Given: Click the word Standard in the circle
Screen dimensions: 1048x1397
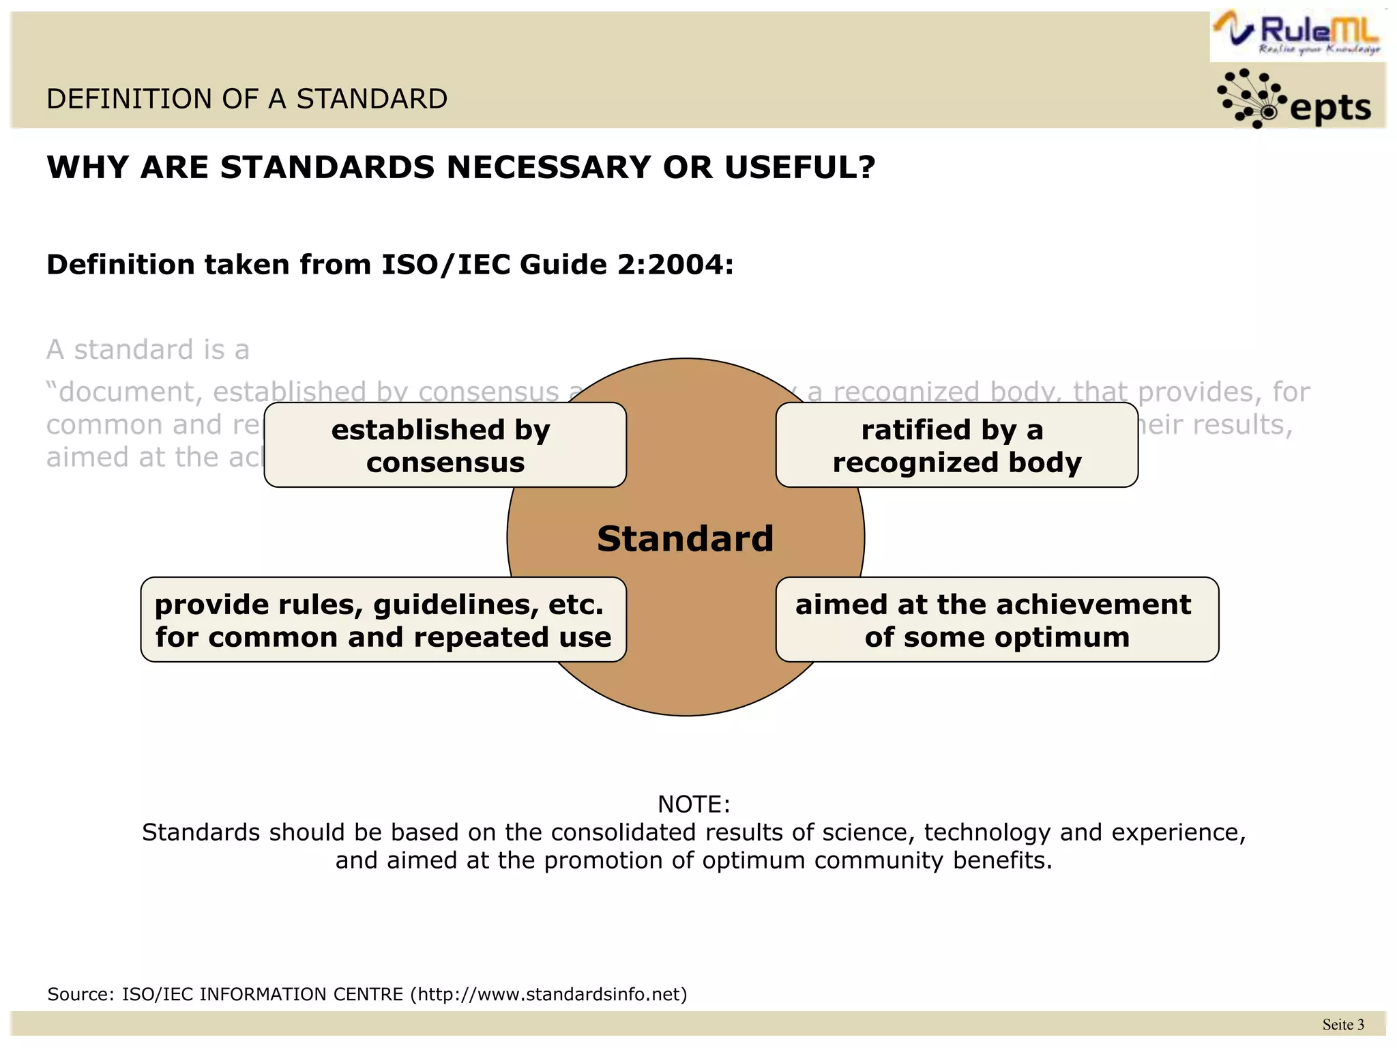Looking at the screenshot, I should coord(685,538).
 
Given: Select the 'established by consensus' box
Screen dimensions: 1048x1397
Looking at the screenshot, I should coord(445,446).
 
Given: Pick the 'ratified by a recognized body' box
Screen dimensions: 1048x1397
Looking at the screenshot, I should coord(956,446).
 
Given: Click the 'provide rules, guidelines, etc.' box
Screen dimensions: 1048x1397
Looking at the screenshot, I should coord(383,620).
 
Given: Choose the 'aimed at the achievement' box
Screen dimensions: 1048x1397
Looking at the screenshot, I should coord(997,620).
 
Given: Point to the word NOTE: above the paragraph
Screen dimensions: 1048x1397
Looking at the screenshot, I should coord(694,804).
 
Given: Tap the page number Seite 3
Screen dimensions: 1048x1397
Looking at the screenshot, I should coord(1342,1024).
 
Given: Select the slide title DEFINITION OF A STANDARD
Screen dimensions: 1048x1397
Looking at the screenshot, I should coord(247,100).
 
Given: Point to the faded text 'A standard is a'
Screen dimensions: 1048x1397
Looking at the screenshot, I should coord(148,350).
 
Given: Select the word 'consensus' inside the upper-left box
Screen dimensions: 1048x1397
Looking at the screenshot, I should coord(445,463).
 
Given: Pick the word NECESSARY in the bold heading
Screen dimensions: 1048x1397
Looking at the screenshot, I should coord(548,168).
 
